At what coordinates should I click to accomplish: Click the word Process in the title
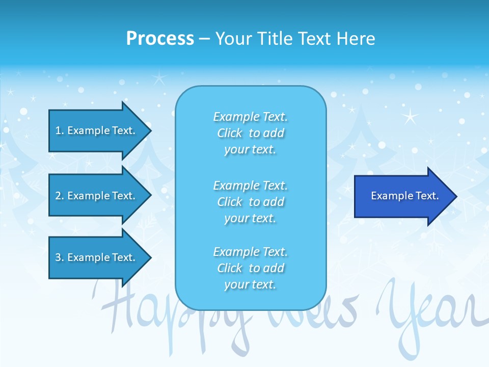(x=160, y=39)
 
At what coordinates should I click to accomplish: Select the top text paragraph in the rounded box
(x=250, y=133)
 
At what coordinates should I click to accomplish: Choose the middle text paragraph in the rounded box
(x=250, y=202)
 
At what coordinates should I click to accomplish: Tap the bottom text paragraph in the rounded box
(x=250, y=268)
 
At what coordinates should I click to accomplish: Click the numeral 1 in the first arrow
(x=58, y=130)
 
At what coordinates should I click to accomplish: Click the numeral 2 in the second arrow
(x=58, y=196)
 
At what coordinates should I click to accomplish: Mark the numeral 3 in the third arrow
(x=58, y=257)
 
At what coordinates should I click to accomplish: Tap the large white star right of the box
(x=410, y=117)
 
